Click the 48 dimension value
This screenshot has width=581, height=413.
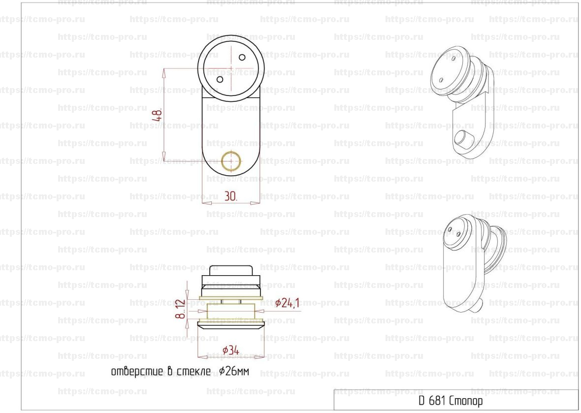(x=158, y=115)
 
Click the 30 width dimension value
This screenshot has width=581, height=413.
(x=230, y=196)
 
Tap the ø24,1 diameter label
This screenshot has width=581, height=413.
(x=287, y=303)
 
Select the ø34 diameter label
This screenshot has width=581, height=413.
(x=230, y=350)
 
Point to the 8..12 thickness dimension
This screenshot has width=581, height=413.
(x=180, y=309)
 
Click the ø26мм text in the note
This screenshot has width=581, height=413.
(x=234, y=371)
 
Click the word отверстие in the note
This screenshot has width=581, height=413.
(x=137, y=372)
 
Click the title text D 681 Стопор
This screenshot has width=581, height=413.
(x=451, y=400)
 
